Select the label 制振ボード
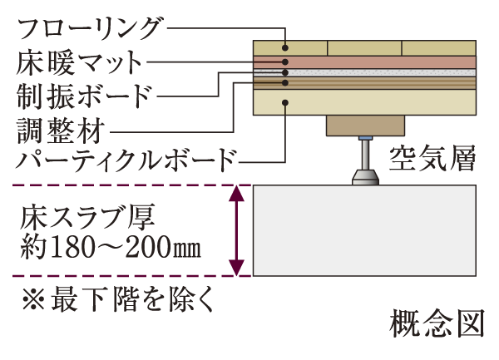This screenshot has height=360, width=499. point(84,94)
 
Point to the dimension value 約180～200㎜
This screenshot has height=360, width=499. point(111,248)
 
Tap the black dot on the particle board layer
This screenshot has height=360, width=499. point(284,102)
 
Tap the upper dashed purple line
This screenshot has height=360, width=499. point(125,185)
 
